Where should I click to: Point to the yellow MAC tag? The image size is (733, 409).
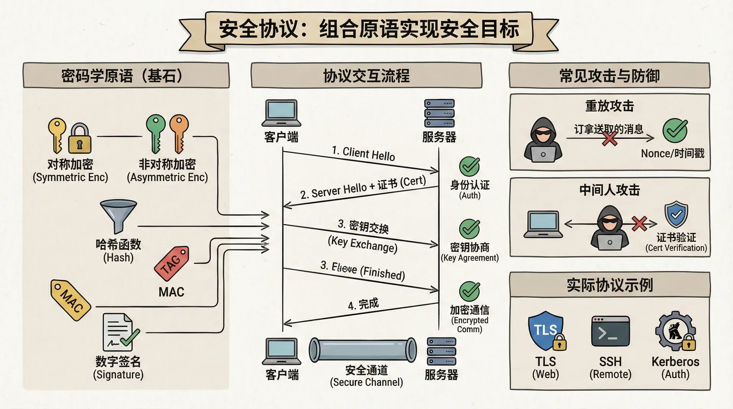tap(71, 300)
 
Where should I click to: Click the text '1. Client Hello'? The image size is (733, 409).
tap(363, 153)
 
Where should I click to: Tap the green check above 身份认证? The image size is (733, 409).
tap(469, 166)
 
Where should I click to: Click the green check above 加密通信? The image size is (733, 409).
tap(469, 291)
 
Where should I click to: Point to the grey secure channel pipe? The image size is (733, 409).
tap(363, 349)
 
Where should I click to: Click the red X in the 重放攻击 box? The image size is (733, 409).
tap(609, 138)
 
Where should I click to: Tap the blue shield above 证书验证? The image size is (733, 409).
tap(676, 214)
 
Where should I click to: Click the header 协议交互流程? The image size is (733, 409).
tap(366, 76)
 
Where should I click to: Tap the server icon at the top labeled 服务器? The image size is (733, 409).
tap(439, 113)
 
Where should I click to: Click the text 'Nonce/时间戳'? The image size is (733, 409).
tap(672, 153)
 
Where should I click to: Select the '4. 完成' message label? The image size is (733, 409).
tap(363, 304)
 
